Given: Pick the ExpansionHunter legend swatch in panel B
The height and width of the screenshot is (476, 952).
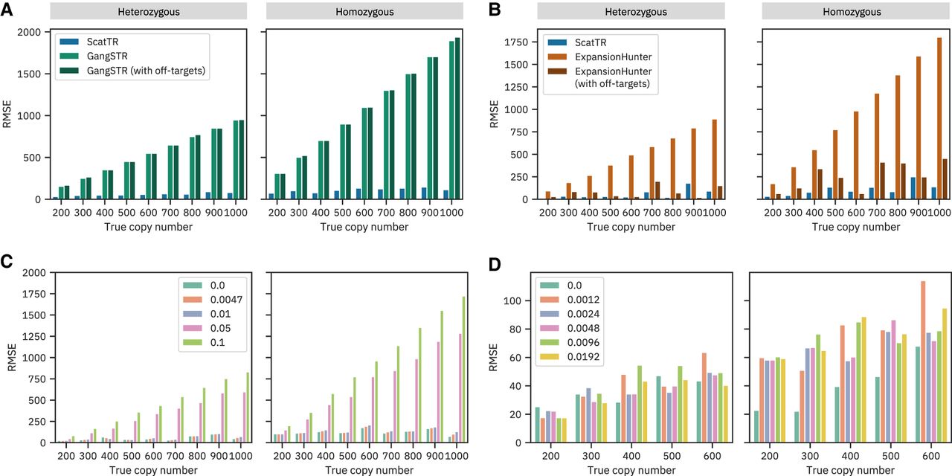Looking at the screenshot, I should coord(556,57).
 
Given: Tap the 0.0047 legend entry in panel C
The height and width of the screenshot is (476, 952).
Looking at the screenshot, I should coord(211,301).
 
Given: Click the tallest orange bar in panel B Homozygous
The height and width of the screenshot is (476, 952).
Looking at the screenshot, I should coord(939,118).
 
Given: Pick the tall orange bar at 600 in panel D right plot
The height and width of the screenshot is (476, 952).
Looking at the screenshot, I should coord(922,361).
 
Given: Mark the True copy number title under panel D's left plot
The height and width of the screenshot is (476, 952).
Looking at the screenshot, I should coord(631,470).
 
